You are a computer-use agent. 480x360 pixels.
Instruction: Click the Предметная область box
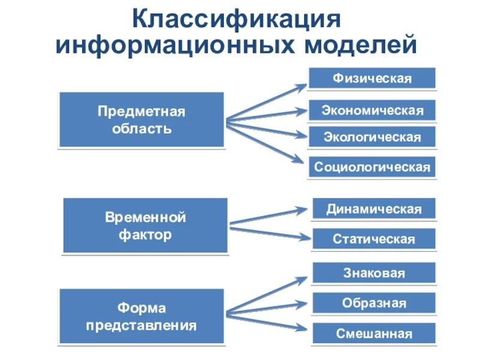142,120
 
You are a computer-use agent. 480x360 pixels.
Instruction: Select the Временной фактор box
145,225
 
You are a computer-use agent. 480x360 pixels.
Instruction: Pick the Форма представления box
141,317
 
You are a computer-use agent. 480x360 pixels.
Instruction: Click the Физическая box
372,79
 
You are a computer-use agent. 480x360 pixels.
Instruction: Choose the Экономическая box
372,110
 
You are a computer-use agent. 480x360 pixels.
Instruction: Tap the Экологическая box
372,137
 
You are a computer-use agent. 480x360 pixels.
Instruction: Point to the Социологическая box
372,167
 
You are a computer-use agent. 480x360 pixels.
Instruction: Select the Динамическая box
374,209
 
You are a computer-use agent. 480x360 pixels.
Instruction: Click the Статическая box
374,239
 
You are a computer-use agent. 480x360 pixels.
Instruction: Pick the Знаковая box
374,273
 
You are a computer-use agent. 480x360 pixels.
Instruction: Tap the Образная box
374,303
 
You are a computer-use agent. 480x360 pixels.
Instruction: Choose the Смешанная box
374,334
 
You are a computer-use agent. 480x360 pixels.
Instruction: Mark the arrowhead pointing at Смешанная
304,328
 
